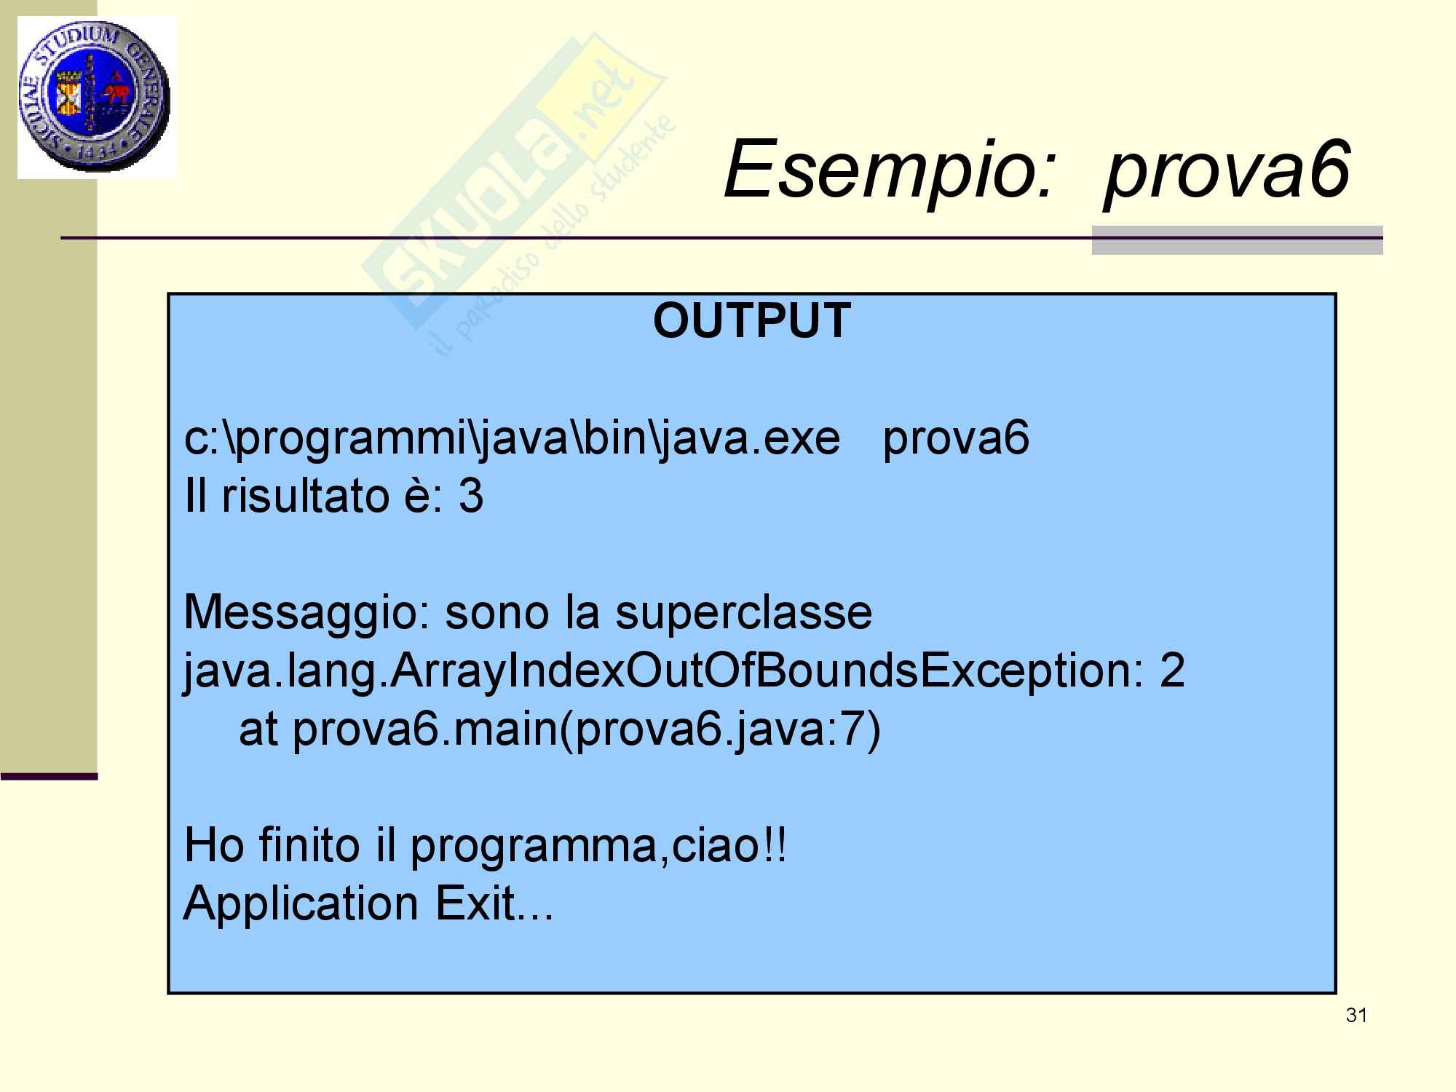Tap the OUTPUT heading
[x=752, y=320]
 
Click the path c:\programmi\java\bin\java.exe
[x=513, y=440]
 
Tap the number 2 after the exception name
[x=1172, y=670]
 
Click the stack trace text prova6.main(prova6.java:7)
[x=587, y=730]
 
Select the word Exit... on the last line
[x=494, y=903]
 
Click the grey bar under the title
[x=1237, y=240]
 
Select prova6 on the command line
[x=956, y=440]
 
